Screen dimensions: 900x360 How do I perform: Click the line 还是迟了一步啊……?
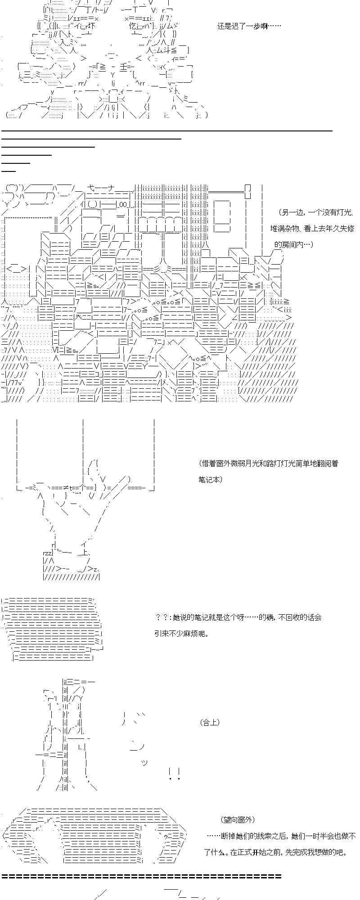point(249,26)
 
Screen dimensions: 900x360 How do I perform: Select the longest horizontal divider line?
point(166,130)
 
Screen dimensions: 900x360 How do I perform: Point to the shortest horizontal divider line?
point(9,171)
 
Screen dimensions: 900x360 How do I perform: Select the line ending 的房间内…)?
point(293,244)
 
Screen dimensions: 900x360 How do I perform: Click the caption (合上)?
point(210,723)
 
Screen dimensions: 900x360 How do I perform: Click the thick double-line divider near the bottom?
point(141,876)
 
